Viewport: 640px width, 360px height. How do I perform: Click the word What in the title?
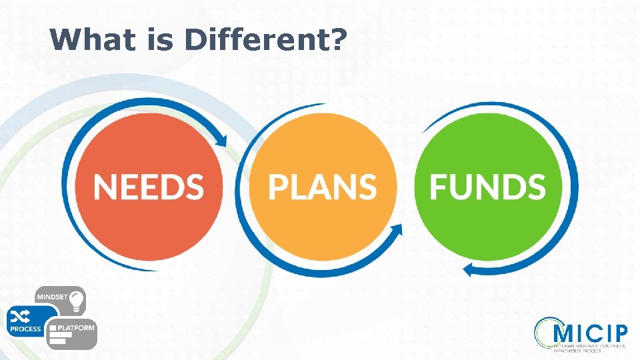(85, 39)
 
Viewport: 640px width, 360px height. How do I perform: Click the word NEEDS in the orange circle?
(149, 187)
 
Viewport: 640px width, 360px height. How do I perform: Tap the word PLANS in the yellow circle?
(322, 187)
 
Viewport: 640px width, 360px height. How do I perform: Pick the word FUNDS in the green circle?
(487, 187)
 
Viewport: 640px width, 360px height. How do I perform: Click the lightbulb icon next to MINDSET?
(77, 299)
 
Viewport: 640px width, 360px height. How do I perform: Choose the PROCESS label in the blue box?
(25, 329)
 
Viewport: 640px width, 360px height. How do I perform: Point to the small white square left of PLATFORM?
(54, 328)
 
